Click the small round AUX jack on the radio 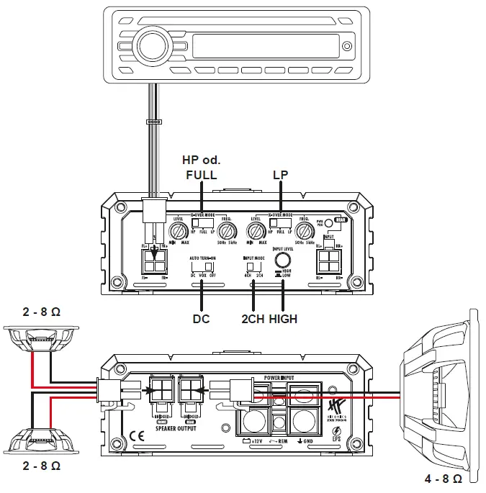[346, 48]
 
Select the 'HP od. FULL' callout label [201, 168]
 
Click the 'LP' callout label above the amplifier [281, 174]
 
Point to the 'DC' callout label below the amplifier [202, 318]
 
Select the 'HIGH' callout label [283, 318]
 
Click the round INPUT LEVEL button [284, 260]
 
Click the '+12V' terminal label [253, 440]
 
